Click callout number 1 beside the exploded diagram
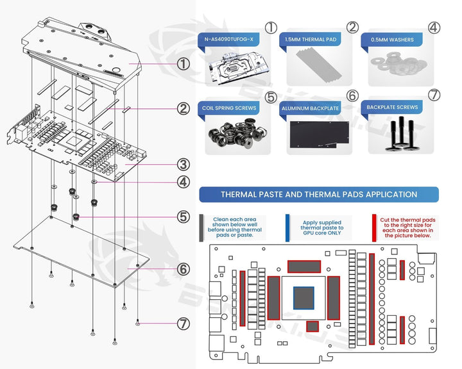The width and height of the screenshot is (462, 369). (x=184, y=64)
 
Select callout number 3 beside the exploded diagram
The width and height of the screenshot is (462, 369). (x=184, y=163)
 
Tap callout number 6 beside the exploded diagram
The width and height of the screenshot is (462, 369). (x=184, y=270)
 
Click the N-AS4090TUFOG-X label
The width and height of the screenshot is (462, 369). (x=230, y=39)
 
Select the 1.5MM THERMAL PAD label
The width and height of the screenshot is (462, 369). (x=311, y=39)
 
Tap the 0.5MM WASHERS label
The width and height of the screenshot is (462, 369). (x=392, y=39)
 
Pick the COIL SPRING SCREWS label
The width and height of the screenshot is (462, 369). (x=230, y=108)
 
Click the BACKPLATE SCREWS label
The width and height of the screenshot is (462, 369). (x=392, y=108)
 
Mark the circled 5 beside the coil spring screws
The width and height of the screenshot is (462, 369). (x=270, y=97)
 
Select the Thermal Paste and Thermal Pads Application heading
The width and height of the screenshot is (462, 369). (x=318, y=194)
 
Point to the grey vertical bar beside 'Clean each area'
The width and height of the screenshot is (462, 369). (x=202, y=226)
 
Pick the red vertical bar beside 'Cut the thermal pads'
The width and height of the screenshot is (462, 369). (x=374, y=226)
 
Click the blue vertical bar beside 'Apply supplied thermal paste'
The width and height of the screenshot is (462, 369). (x=287, y=226)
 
